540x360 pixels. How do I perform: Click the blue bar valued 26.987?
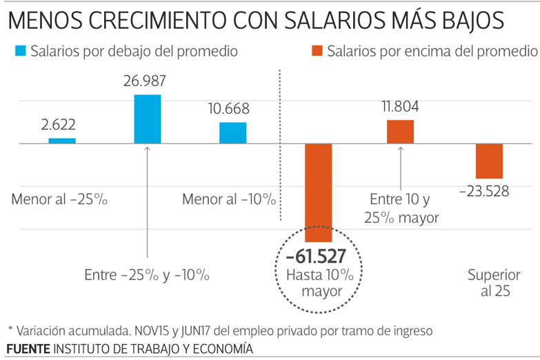(x=147, y=119)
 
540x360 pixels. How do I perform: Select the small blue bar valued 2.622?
(x=62, y=141)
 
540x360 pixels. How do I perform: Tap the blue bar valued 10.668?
(x=232, y=133)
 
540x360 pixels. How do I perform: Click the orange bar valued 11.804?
(x=400, y=132)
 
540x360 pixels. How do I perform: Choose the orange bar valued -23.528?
(x=489, y=161)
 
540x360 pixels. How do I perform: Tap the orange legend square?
(x=317, y=51)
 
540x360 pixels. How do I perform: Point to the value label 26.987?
(x=147, y=83)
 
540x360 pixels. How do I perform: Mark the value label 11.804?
(x=399, y=107)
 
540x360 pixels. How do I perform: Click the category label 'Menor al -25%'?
(x=60, y=200)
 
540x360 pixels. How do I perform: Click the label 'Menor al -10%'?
(x=229, y=200)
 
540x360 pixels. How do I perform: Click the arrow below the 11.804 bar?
(x=400, y=166)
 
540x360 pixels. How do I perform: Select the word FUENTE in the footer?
(x=28, y=348)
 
